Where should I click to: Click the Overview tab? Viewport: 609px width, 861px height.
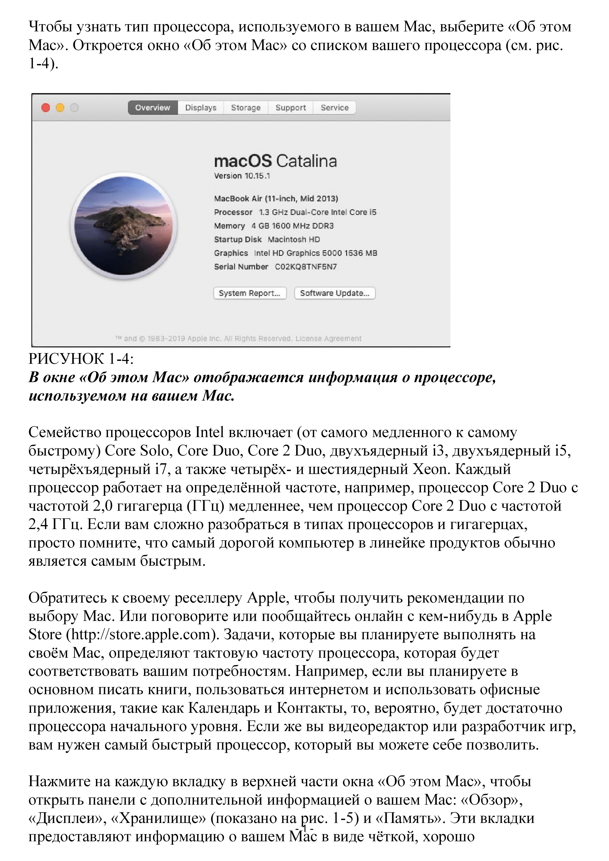(x=153, y=108)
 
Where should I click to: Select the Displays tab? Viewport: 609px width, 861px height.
(x=201, y=108)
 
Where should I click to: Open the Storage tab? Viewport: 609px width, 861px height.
(x=246, y=108)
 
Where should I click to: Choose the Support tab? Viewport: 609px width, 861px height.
(x=291, y=108)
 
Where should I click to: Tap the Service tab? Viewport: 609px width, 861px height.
(x=335, y=108)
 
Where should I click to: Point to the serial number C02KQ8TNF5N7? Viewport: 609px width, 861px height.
(x=306, y=267)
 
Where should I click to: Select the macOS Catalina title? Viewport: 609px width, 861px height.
(x=275, y=161)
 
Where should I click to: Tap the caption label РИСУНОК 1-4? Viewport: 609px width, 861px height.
(x=81, y=359)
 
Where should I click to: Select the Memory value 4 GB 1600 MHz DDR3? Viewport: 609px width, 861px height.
(x=293, y=226)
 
